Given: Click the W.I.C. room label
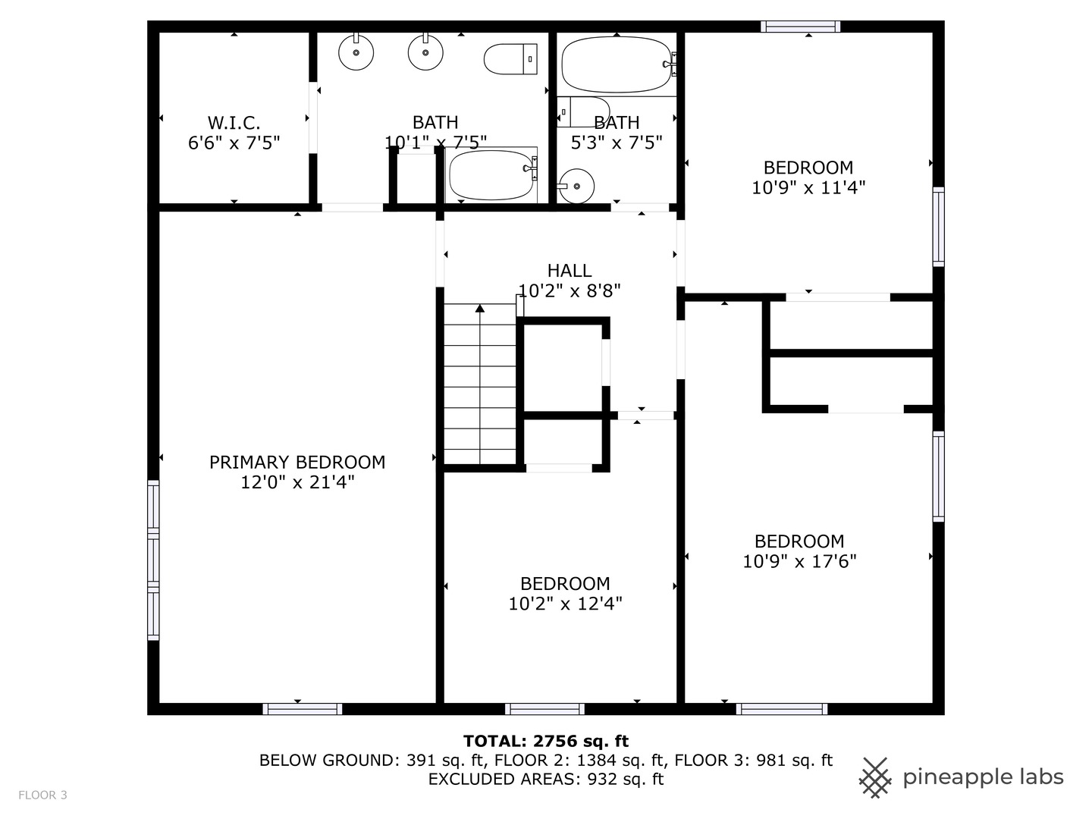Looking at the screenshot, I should click(234, 122).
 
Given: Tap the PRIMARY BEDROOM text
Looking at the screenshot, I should click(297, 462).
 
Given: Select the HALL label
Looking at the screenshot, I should click(570, 271).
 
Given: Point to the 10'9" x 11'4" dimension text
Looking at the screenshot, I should click(808, 187).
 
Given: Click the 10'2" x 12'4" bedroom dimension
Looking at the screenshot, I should click(565, 604).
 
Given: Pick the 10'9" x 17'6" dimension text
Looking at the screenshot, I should click(799, 561).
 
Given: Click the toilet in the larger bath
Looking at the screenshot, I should click(510, 58).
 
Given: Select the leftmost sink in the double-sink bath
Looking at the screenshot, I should click(356, 53).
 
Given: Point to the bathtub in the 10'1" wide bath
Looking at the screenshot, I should click(491, 175).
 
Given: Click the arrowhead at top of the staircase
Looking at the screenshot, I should click(479, 308).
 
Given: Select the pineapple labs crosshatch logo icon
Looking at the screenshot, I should click(875, 777).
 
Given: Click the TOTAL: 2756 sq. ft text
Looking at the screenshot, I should click(545, 741).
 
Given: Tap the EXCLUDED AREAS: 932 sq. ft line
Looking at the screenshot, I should click(545, 779).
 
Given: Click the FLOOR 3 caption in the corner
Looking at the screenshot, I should click(42, 795).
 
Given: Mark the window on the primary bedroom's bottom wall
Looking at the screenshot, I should click(302, 709).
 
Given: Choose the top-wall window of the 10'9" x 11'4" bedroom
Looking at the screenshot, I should click(801, 27).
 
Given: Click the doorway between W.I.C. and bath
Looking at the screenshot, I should click(312, 117).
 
